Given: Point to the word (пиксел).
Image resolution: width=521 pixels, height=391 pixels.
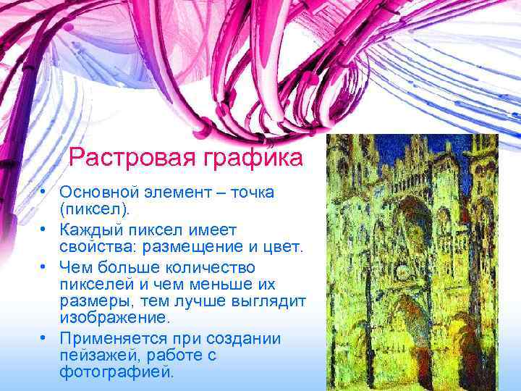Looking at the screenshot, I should click(x=97, y=211).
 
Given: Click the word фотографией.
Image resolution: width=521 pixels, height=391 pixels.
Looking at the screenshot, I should click(x=117, y=372).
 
